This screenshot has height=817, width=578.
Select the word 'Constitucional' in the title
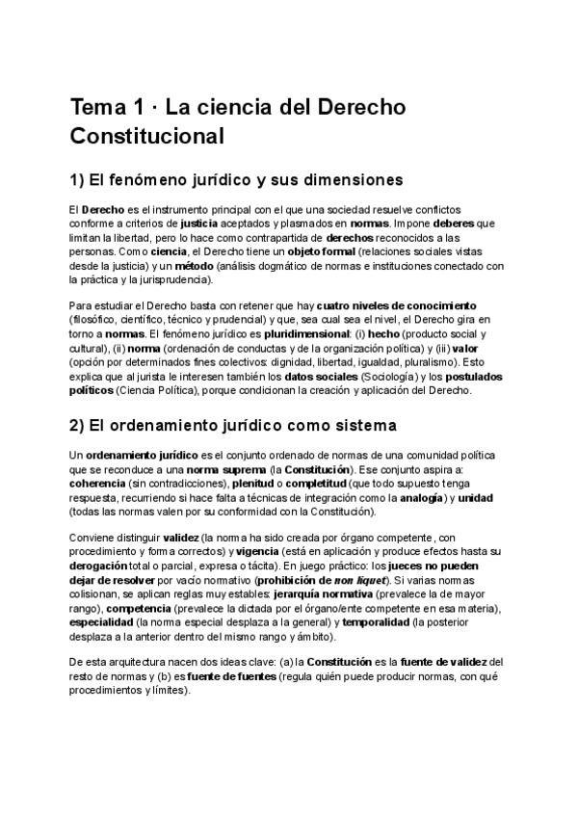146,135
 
